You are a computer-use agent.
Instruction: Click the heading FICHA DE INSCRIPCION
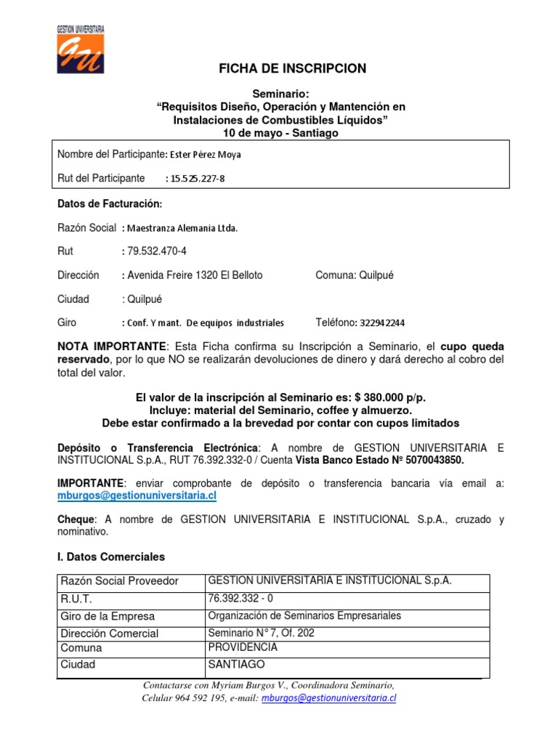click(x=293, y=69)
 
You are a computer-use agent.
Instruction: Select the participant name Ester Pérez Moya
click(x=206, y=155)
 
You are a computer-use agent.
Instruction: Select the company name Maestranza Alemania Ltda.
click(x=182, y=228)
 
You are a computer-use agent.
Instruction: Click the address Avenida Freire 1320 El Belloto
click(x=195, y=275)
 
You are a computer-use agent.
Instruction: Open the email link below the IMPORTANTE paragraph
click(x=137, y=496)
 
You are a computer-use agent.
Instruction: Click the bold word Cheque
click(x=76, y=519)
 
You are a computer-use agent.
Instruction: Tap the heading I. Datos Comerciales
click(x=111, y=557)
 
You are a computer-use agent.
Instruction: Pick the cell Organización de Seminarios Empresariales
click(x=304, y=616)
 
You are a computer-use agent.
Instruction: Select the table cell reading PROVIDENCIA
click(x=243, y=647)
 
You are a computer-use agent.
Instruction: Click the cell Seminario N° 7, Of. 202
click(x=262, y=632)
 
